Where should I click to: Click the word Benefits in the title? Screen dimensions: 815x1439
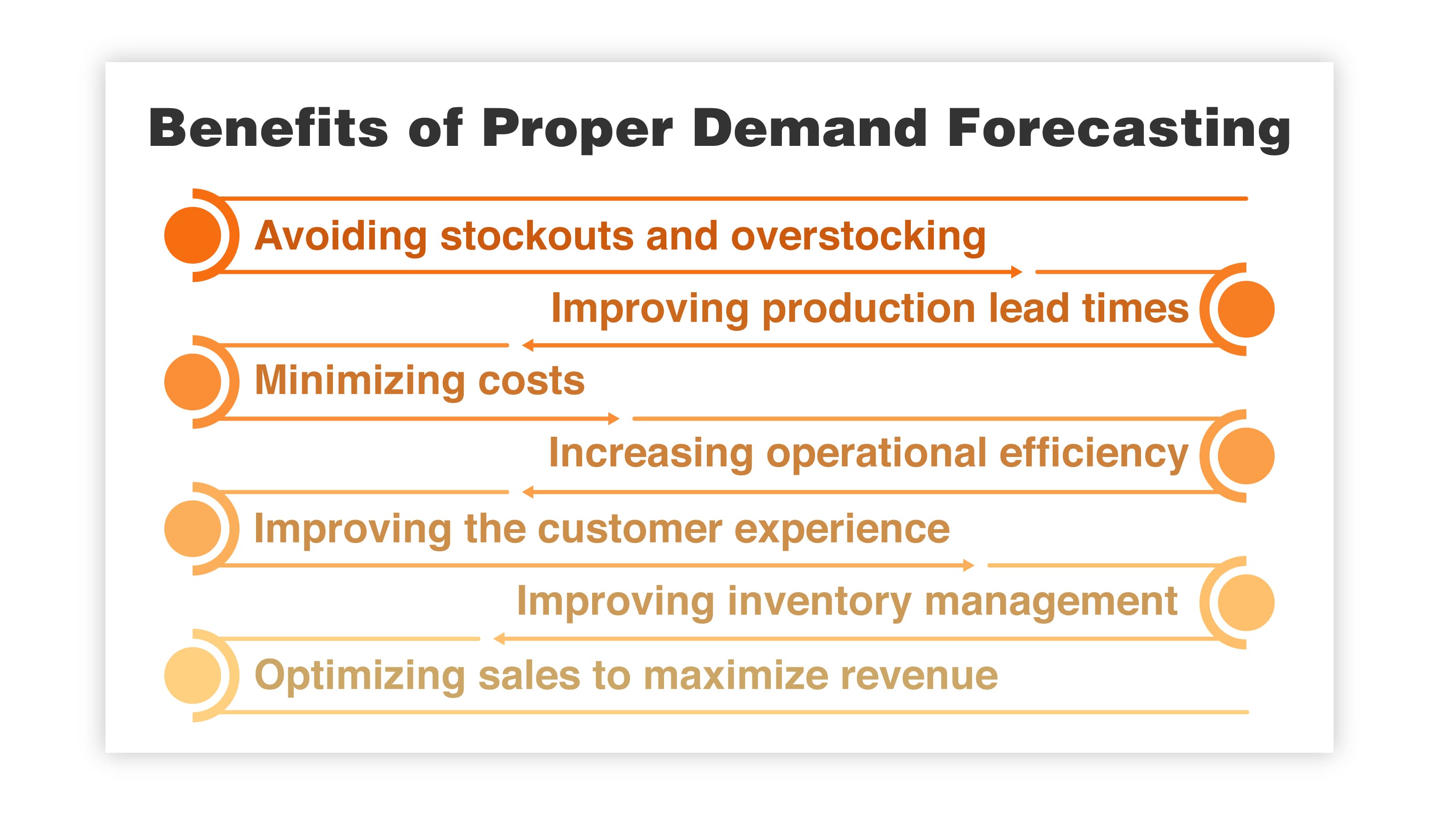tap(268, 128)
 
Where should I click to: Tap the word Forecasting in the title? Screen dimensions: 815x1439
tap(1119, 128)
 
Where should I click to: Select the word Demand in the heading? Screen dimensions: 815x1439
tap(810, 128)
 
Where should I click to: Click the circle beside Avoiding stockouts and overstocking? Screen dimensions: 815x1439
tap(192, 235)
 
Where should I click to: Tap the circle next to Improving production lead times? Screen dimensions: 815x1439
tap(1246, 309)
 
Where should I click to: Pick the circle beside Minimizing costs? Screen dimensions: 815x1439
tap(192, 382)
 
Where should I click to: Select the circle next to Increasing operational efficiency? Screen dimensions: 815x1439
tap(1246, 456)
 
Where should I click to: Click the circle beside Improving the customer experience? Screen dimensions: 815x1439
tap(192, 529)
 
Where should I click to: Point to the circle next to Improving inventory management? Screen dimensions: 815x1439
tap(1246, 602)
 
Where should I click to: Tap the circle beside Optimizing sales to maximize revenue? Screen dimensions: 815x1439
tap(192, 675)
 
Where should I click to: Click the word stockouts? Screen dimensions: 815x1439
tap(536, 236)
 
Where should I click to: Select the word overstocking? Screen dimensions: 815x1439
tap(858, 236)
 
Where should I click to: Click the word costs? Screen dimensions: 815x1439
tap(531, 381)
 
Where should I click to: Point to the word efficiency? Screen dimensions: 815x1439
tap(1093, 453)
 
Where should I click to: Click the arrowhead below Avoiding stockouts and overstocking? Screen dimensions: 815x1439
tap(1016, 272)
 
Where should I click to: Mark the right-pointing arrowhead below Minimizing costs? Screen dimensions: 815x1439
tap(614, 419)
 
